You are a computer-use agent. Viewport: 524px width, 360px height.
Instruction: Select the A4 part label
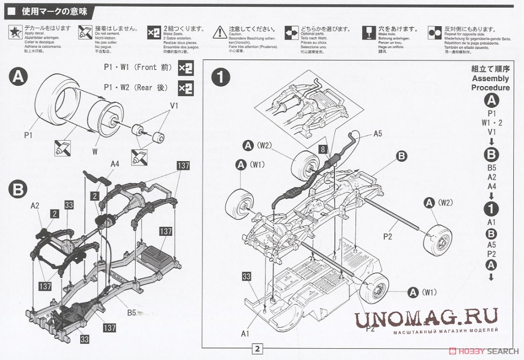115,164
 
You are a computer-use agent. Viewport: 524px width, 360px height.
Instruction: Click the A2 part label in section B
35,205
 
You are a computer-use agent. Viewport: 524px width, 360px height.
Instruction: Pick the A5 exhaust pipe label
378,134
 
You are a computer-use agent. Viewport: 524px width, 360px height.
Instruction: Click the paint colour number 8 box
323,149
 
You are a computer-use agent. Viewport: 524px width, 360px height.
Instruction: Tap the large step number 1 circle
220,78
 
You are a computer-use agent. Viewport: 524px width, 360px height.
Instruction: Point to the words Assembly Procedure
491,83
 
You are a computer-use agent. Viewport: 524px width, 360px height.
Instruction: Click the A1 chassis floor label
246,333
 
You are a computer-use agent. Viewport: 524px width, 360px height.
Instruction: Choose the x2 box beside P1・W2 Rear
185,88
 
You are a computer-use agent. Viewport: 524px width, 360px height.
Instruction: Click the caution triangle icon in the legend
220,32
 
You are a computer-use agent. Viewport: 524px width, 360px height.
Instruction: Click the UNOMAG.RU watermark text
426,317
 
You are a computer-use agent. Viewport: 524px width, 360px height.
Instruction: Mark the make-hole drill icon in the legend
367,32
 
